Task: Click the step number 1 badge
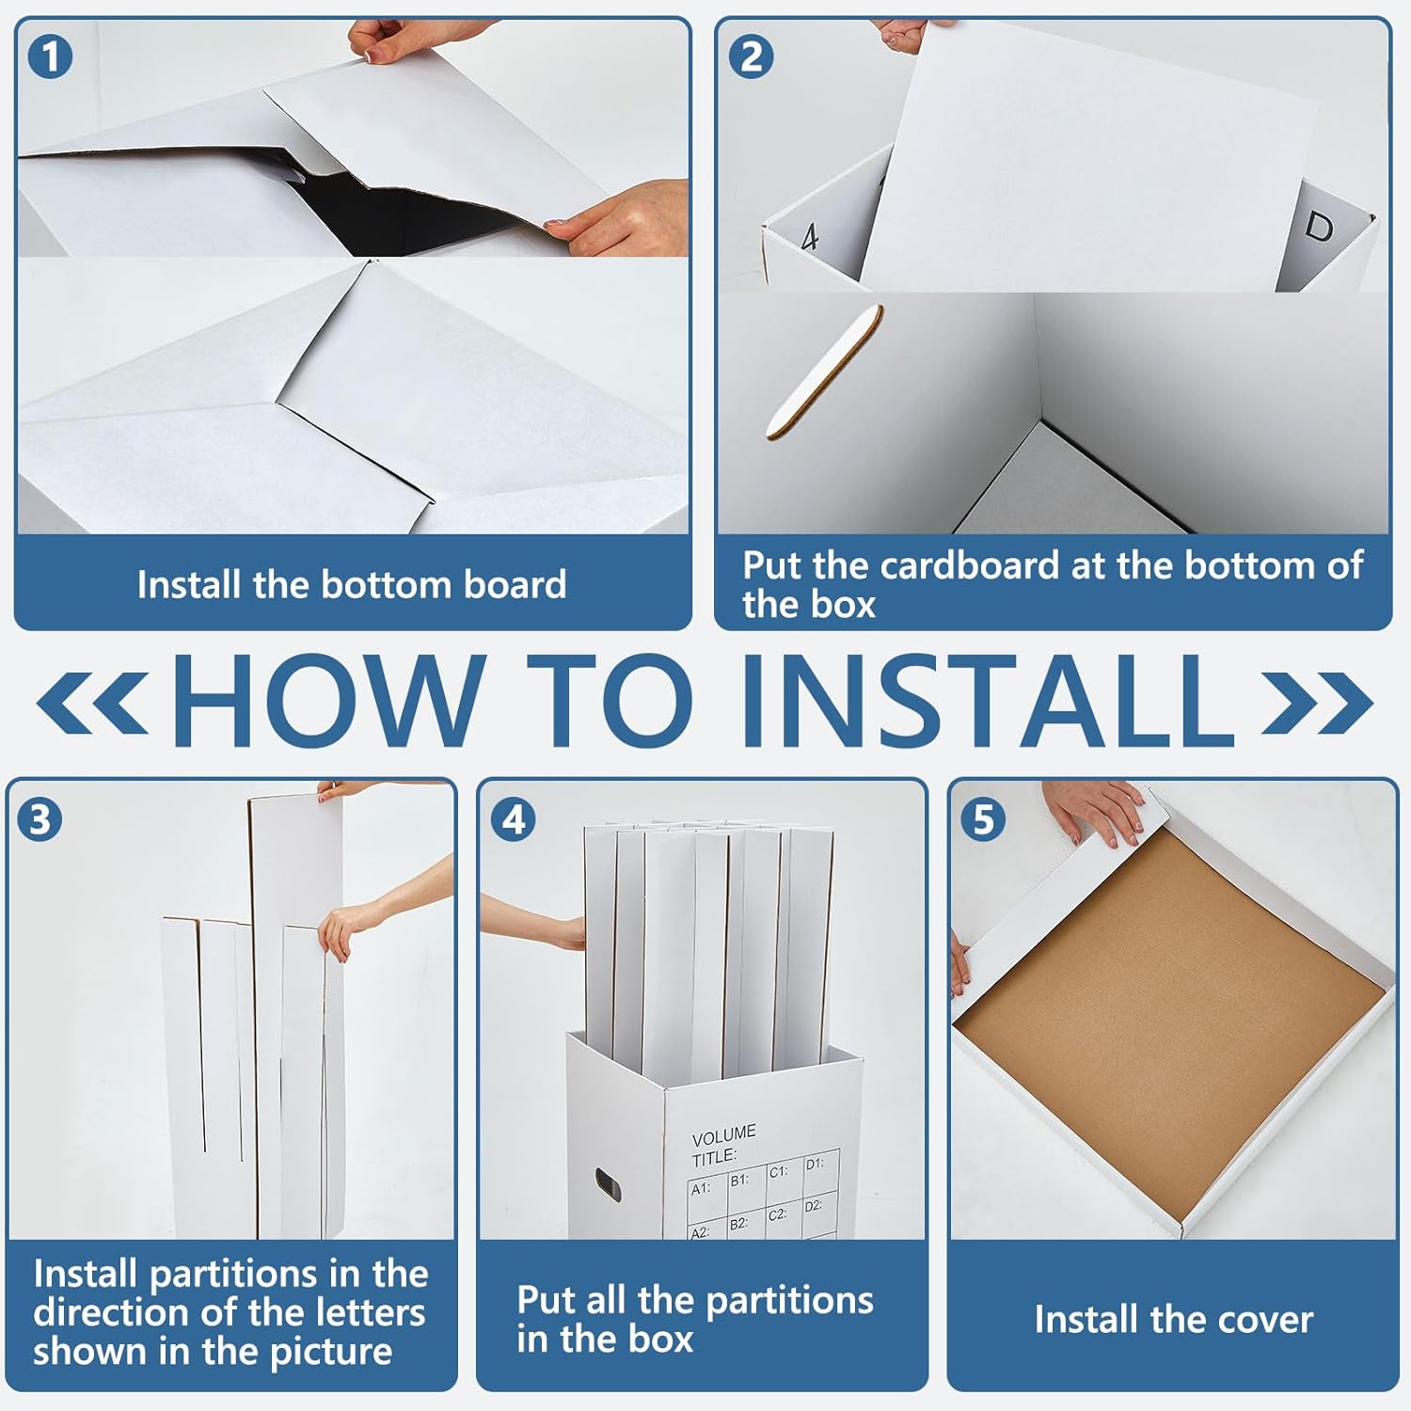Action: (50, 56)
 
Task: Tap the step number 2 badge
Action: (751, 56)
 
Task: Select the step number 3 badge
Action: (40, 818)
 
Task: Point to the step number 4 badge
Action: (514, 818)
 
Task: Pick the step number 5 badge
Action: (983, 818)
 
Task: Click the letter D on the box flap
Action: (1319, 227)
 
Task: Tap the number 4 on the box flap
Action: (810, 237)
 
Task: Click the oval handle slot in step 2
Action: (825, 373)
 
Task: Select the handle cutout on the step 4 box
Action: (608, 1185)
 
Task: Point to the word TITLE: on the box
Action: (714, 1157)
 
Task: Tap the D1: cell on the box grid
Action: (815, 1165)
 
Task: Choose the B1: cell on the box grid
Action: (740, 1180)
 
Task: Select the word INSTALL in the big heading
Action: (989, 701)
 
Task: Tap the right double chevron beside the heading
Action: (1317, 702)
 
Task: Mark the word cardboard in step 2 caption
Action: (970, 565)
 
